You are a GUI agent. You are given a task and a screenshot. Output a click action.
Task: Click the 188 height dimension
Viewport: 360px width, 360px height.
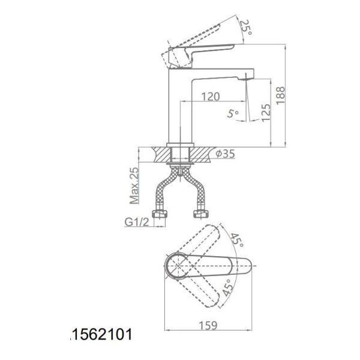point(281,95)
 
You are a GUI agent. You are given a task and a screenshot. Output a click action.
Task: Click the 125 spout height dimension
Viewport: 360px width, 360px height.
point(266,112)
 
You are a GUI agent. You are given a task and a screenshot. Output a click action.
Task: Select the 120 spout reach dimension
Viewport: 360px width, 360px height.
point(211,97)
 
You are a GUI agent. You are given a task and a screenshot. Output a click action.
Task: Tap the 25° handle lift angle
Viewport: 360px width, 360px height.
point(247,27)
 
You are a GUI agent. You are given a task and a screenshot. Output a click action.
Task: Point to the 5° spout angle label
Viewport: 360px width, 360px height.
point(233,113)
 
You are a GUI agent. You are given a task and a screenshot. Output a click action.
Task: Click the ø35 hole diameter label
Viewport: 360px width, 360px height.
point(226,154)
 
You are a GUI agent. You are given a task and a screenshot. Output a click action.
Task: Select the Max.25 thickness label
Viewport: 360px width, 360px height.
point(134,185)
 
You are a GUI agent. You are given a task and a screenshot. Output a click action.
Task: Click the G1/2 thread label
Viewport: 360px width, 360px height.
point(137,222)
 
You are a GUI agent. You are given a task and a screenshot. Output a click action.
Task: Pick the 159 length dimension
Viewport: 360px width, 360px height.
point(208,325)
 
